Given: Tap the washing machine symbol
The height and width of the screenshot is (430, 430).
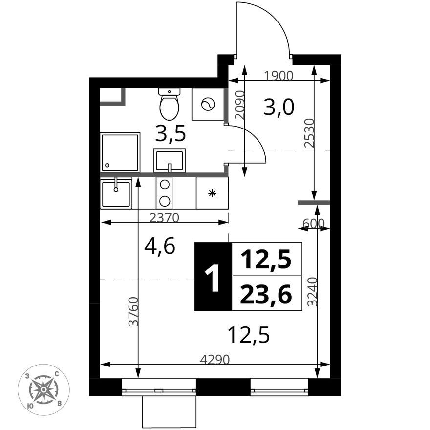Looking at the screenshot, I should pyautogui.click(x=208, y=104).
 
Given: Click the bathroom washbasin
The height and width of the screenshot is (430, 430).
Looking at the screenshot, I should pyautogui.click(x=169, y=160).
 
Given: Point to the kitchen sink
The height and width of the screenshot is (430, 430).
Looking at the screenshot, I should pyautogui.click(x=116, y=193).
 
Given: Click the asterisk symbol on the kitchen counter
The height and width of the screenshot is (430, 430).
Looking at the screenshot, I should pyautogui.click(x=212, y=193).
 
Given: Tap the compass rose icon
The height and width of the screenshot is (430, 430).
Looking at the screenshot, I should pyautogui.click(x=43, y=389).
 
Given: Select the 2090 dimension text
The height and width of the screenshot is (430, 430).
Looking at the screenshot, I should pyautogui.click(x=238, y=106).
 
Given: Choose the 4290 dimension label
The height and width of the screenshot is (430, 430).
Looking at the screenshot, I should pyautogui.click(x=215, y=359).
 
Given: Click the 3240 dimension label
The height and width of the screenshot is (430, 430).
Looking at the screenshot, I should pyautogui.click(x=312, y=292).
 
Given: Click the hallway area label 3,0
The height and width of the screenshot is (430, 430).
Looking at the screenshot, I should pyautogui.click(x=279, y=107).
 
